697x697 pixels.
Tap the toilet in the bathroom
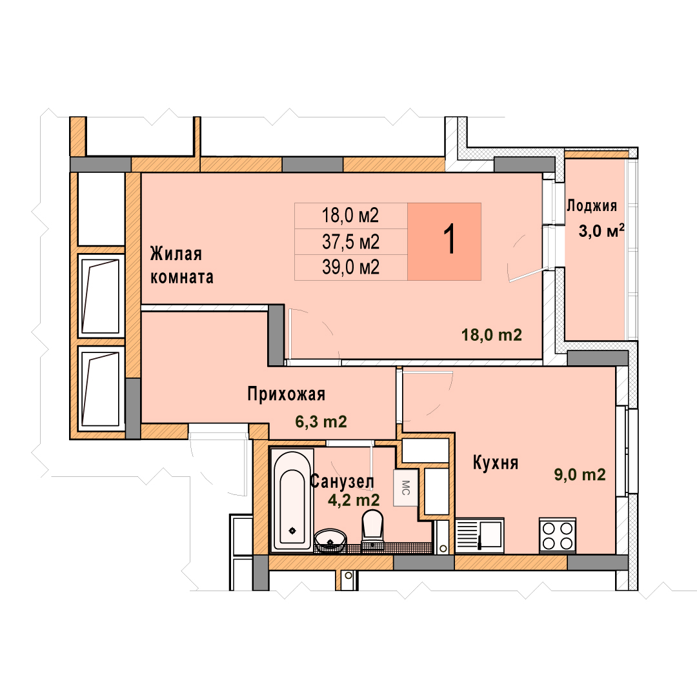point(372,529)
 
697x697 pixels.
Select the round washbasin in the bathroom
point(330,540)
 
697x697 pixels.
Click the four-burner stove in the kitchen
point(558,536)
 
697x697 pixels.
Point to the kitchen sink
point(480,536)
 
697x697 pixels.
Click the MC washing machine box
point(405,488)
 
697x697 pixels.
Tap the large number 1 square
point(444,241)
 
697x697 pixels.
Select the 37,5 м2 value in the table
point(350,242)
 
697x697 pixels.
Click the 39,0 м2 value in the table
point(350,267)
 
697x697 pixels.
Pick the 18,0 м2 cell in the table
point(350,216)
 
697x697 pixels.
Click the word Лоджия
point(592,205)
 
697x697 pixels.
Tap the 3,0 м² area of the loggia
point(601,230)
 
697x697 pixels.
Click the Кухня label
point(495,463)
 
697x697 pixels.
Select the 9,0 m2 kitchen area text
point(580,475)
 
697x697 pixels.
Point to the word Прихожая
point(287,394)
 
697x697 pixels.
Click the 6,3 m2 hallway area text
point(321,421)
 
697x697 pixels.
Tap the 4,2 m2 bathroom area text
point(354,500)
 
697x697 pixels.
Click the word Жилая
point(176,254)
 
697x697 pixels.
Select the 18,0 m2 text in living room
point(492,335)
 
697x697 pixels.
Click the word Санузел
point(342,481)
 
